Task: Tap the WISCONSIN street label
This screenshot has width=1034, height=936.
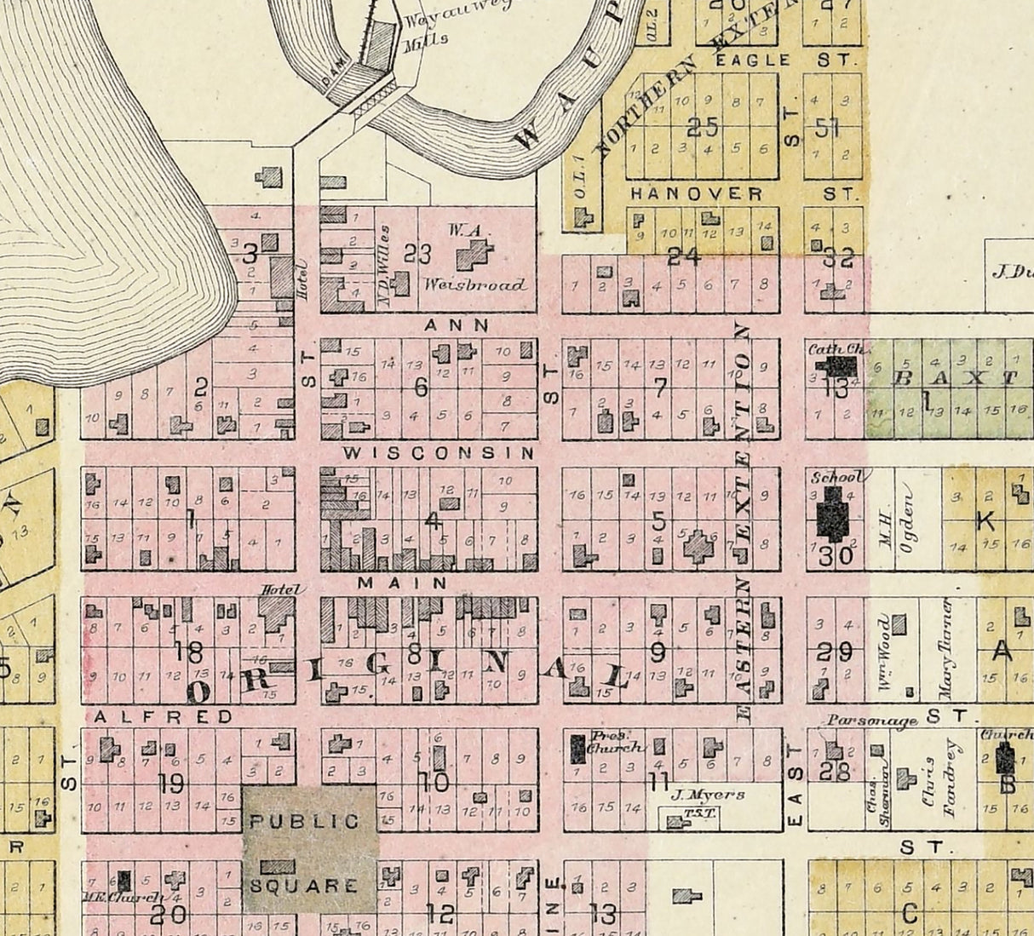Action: click(x=439, y=453)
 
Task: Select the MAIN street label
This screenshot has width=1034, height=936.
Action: click(x=403, y=583)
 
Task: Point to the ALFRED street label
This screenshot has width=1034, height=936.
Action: click(x=163, y=717)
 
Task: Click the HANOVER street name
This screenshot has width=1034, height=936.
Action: click(x=696, y=194)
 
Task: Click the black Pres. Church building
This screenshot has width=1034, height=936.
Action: click(x=577, y=748)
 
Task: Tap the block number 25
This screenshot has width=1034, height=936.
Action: click(x=702, y=128)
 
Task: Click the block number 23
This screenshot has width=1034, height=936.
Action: click(x=418, y=254)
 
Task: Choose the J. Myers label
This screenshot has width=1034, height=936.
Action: click(x=707, y=795)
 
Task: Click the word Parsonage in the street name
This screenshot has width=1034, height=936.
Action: click(x=870, y=721)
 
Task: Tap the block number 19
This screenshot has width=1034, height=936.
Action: click(x=171, y=781)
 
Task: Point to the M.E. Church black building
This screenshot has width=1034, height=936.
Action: click(x=125, y=880)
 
